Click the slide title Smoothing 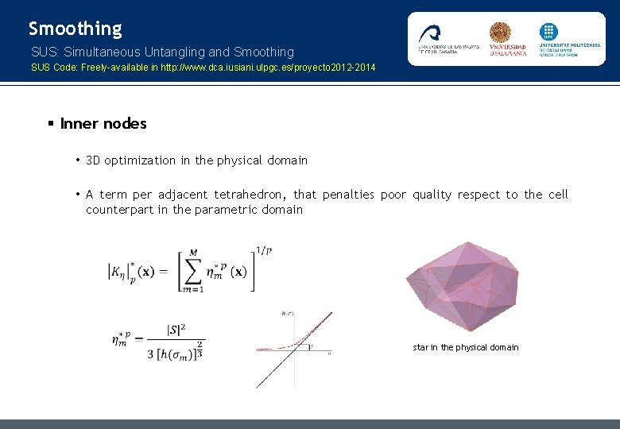pyautogui.click(x=76, y=29)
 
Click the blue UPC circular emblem pyautogui.click(x=549, y=32)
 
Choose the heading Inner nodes pyautogui.click(x=103, y=124)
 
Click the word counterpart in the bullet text pyautogui.click(x=120, y=210)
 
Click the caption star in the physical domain pyautogui.click(x=466, y=347)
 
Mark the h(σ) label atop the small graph pyautogui.click(x=288, y=312)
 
